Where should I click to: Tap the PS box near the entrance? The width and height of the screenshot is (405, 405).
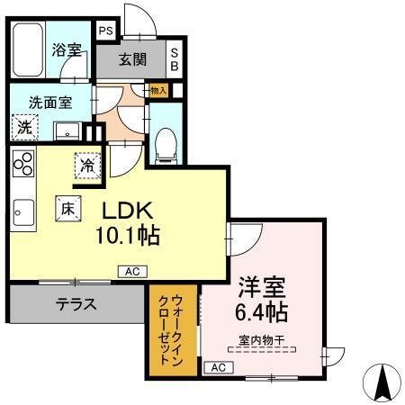[x=106, y=31]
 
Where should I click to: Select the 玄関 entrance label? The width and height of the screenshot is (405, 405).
[x=132, y=60]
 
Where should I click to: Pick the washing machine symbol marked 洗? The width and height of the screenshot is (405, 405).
[x=24, y=127]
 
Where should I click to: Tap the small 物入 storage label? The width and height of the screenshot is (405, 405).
[x=158, y=90]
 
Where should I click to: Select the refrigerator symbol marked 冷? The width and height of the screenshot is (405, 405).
[x=87, y=166]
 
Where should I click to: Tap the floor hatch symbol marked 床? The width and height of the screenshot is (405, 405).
[x=67, y=207]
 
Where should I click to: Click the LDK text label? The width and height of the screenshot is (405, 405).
[x=130, y=211]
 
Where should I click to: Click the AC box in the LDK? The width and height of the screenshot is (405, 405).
[x=130, y=270]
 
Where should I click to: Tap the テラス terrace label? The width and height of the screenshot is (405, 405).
[x=76, y=304]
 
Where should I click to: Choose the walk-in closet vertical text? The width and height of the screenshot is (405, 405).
[x=170, y=328]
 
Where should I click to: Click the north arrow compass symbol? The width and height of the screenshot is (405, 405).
[x=382, y=382]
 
